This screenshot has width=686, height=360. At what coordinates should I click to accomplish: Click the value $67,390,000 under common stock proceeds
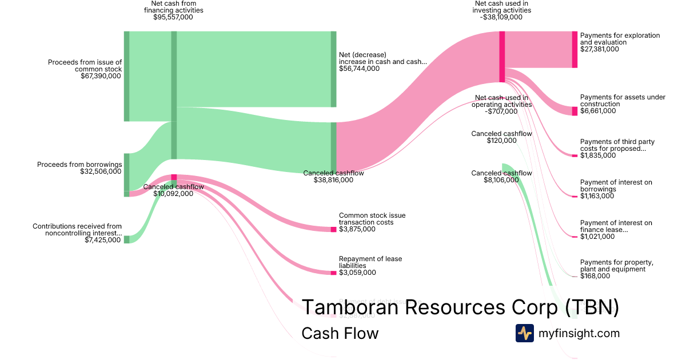[x=101, y=75]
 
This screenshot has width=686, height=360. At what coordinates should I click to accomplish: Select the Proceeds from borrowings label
[x=79, y=165]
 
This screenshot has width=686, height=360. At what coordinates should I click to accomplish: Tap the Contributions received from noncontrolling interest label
[x=77, y=230]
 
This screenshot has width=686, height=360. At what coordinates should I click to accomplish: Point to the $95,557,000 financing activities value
[x=173, y=17]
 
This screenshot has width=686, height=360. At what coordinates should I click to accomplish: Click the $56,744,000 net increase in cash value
[x=359, y=69]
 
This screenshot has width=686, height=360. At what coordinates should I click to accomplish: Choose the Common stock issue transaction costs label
[x=372, y=219]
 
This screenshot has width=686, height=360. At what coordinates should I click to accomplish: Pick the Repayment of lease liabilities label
[x=370, y=262]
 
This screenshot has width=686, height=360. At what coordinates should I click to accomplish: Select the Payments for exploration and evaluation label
[x=620, y=39]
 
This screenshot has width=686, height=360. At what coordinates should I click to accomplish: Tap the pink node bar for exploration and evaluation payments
[x=575, y=50]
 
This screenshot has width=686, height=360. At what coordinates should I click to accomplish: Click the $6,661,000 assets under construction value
[x=598, y=111]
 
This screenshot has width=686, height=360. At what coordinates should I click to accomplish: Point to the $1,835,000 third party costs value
[x=598, y=155]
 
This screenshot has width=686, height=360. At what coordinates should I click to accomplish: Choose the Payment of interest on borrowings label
[x=616, y=186]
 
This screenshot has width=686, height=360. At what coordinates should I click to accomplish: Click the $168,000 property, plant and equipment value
[x=595, y=276]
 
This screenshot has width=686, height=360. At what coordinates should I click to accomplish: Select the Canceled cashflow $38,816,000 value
[x=333, y=180]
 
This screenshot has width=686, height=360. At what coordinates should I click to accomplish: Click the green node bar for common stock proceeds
[x=126, y=76]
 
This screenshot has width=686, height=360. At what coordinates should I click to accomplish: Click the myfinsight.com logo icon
[x=524, y=333]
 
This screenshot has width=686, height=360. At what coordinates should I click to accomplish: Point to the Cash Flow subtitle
[x=340, y=333]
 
